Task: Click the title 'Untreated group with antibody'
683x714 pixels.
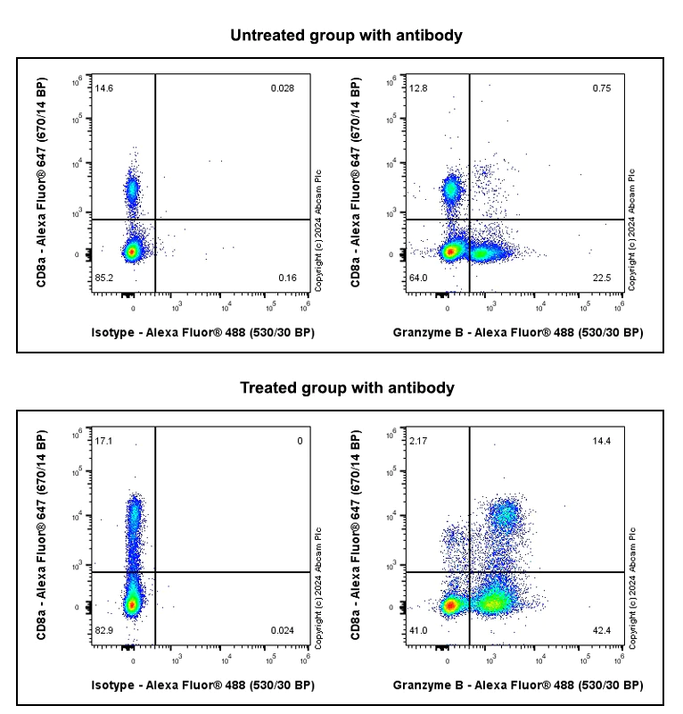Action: point(346,36)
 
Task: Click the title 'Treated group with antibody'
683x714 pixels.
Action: point(347,388)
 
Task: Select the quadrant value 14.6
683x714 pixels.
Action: point(104,88)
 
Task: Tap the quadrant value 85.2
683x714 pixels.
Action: point(104,278)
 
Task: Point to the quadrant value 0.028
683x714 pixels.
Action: point(283,88)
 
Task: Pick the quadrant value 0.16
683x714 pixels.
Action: point(287,278)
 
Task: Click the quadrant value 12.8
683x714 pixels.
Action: point(418,88)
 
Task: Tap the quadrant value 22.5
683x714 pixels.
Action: point(601,278)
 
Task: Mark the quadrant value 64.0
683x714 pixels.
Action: point(418,278)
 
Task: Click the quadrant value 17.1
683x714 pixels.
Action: point(104,441)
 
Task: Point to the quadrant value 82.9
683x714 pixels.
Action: point(104,631)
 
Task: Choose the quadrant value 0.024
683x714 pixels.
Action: point(283,631)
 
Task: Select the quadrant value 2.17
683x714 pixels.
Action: point(418,441)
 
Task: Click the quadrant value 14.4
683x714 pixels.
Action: point(601,441)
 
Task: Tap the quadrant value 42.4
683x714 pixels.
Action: point(601,631)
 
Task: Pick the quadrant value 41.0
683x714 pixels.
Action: point(418,631)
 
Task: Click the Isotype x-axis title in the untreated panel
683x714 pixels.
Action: point(202,333)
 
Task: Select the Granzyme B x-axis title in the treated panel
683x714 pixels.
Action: point(517,685)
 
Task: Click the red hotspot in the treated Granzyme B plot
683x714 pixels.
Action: point(450,605)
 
